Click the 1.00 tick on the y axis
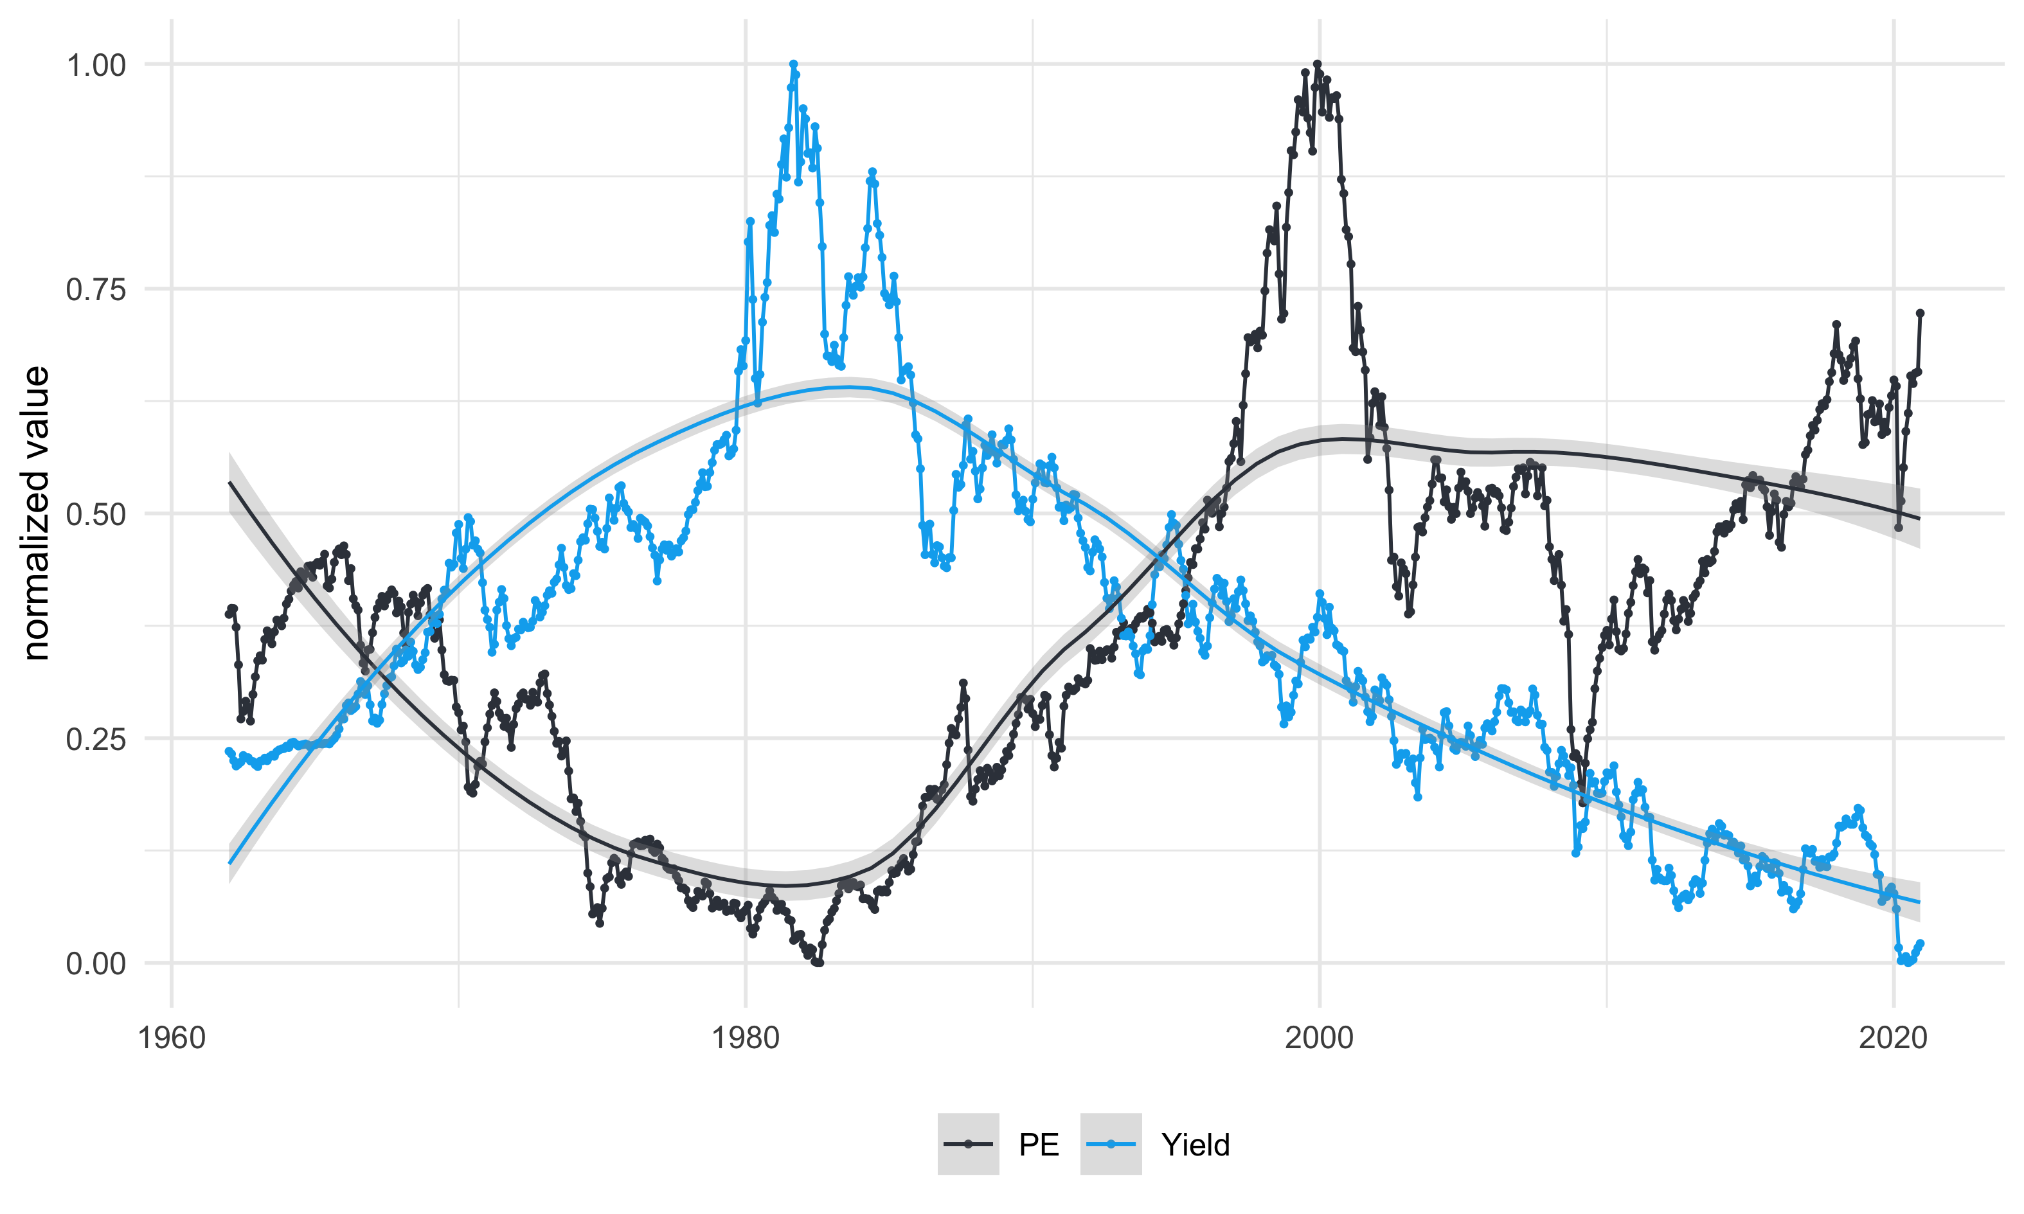pos(96,65)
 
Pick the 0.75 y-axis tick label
pos(96,290)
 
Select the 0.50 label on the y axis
pos(96,515)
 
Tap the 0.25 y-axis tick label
pos(96,738)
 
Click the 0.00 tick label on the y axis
pos(96,963)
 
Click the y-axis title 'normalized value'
pos(36,513)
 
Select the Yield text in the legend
pos(1196,1145)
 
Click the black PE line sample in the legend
pos(968,1145)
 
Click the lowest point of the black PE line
pos(818,963)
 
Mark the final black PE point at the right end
pos(1920,312)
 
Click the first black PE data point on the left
pos(229,614)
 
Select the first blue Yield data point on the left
pos(229,751)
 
